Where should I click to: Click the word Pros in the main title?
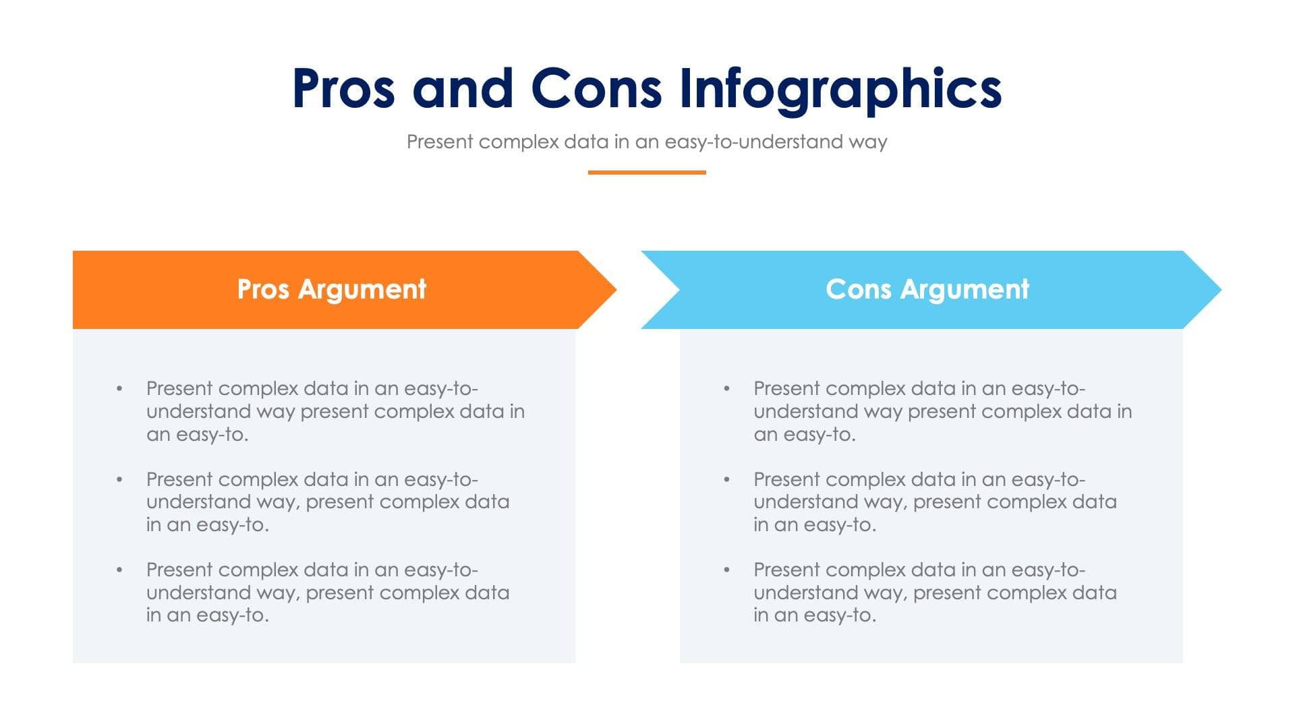point(343,88)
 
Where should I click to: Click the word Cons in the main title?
point(596,88)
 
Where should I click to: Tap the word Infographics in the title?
point(840,90)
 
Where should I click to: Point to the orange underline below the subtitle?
point(646,173)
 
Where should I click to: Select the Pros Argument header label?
point(331,289)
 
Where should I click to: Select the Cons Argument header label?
point(927,289)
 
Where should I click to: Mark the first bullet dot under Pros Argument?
point(119,389)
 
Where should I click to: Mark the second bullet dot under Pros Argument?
point(119,480)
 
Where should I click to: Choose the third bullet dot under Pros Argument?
point(119,570)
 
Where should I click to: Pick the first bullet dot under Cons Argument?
point(726,389)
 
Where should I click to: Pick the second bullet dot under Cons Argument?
point(726,480)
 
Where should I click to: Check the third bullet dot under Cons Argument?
point(726,570)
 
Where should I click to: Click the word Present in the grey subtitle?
point(440,142)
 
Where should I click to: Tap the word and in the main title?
point(463,88)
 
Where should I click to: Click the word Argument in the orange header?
point(362,290)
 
